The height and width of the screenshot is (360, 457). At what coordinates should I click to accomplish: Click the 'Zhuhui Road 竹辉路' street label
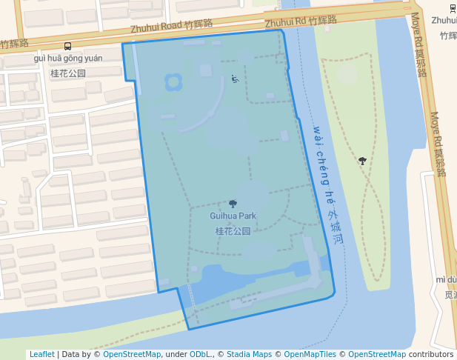point(171,26)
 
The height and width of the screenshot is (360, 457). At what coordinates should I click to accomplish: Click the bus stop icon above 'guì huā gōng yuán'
point(68,46)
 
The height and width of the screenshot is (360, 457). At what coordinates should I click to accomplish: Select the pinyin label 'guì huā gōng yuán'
point(68,58)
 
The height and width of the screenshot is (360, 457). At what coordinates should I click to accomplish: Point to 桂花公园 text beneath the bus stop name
point(68,73)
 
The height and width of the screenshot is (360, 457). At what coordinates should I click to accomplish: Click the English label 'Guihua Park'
point(233,216)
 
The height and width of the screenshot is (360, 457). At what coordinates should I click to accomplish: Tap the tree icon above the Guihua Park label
point(233,204)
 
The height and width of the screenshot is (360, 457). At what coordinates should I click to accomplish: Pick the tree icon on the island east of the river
point(362,160)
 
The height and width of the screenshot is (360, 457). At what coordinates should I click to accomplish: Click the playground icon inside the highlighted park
point(235,79)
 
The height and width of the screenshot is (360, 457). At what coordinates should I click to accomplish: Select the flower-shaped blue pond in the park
point(173,81)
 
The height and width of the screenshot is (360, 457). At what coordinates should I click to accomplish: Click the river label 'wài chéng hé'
point(323,163)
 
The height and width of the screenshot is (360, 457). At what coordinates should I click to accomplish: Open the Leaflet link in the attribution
point(41,354)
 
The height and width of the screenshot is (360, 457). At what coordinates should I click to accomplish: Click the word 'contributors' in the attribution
point(431,354)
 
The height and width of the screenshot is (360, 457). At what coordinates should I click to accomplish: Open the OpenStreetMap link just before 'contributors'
point(376,354)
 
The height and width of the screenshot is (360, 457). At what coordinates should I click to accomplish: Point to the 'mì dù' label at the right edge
point(446,279)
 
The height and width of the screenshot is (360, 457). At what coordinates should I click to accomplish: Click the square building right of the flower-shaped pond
point(206,70)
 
